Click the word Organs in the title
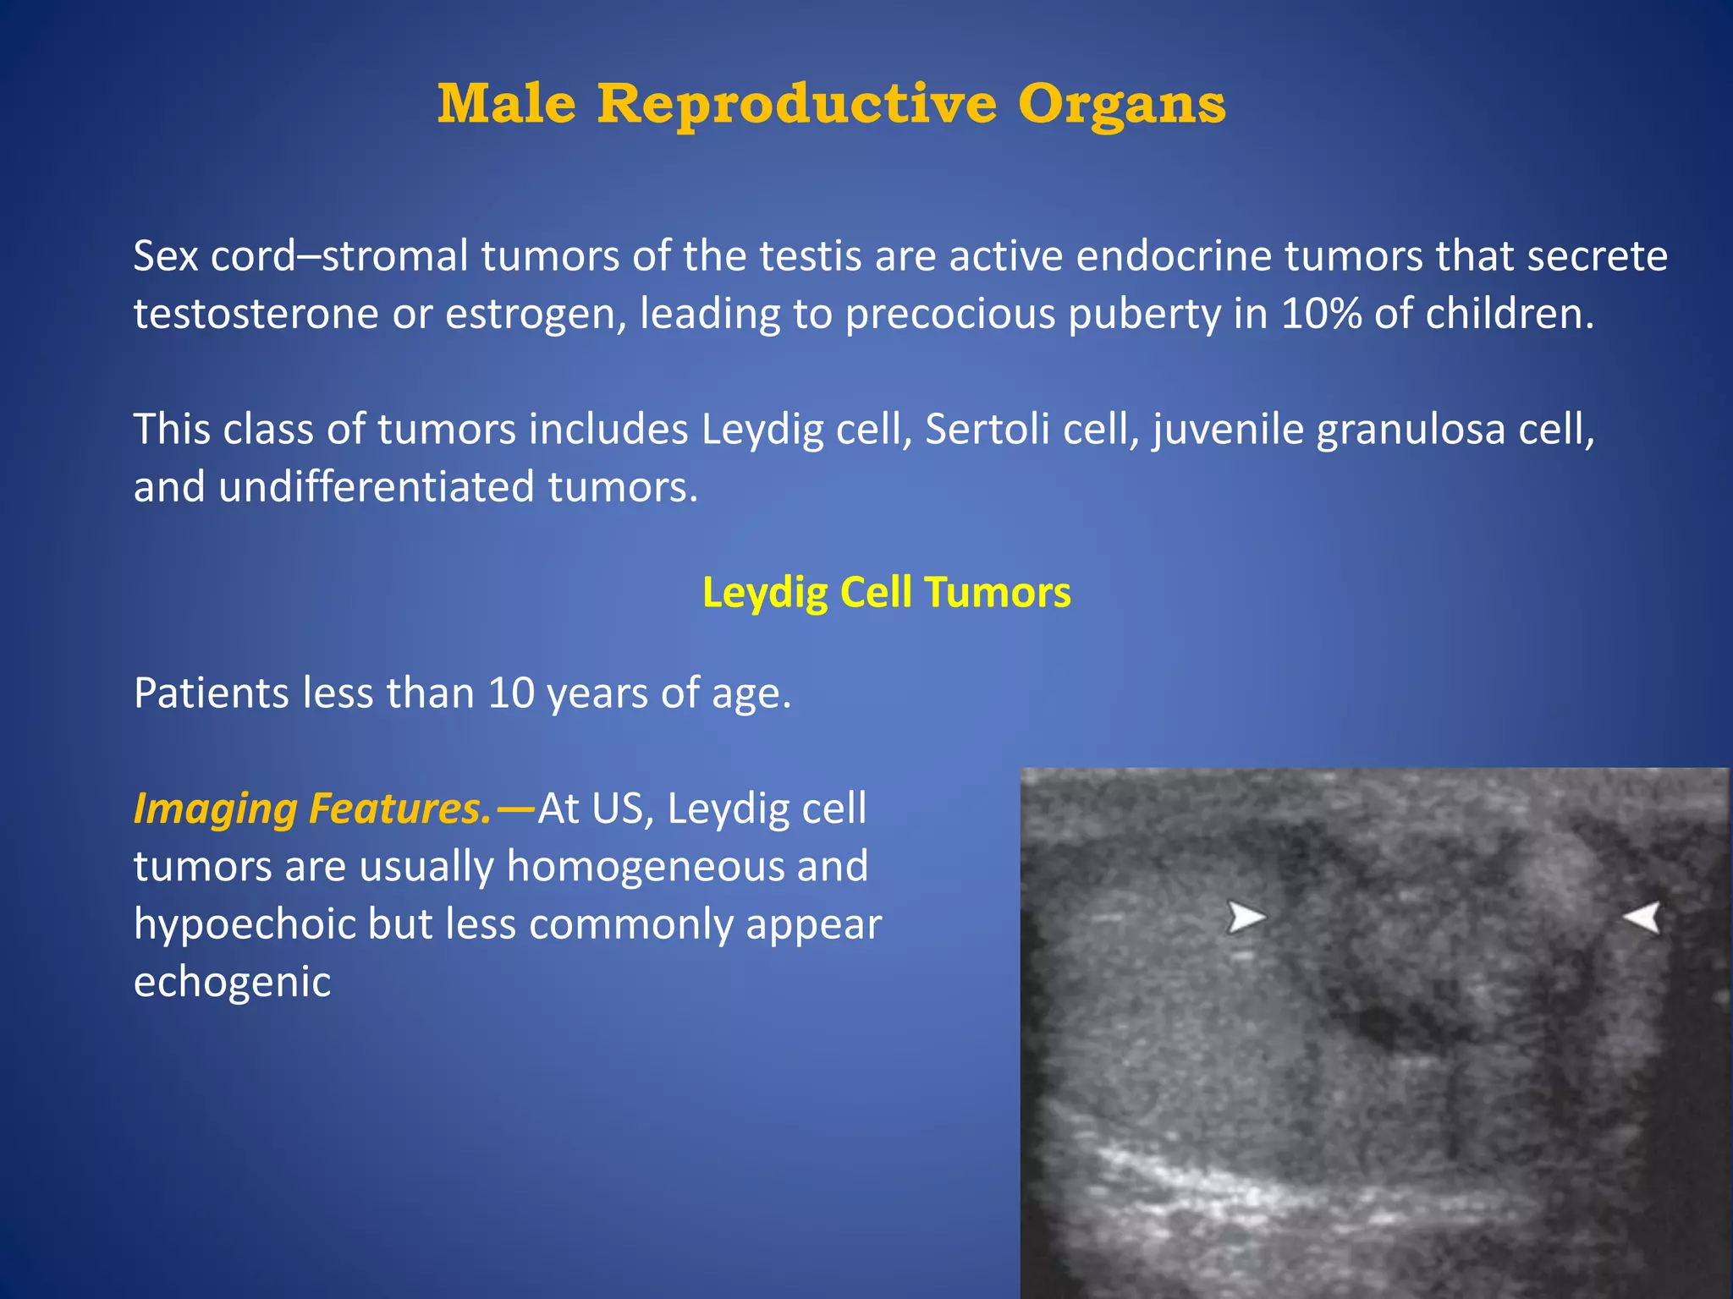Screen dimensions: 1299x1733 (x=1121, y=105)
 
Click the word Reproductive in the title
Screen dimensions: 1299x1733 (x=797, y=105)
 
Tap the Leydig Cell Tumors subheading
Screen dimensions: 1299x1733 (x=886, y=592)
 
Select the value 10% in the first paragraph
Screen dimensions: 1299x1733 (x=1320, y=314)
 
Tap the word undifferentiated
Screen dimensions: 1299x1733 (x=376, y=487)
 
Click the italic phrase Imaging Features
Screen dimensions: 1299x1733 (x=312, y=808)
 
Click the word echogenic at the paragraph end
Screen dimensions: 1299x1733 (x=232, y=983)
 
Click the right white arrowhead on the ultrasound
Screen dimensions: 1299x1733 (x=1643, y=917)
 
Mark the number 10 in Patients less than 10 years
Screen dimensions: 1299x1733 (x=511, y=693)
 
